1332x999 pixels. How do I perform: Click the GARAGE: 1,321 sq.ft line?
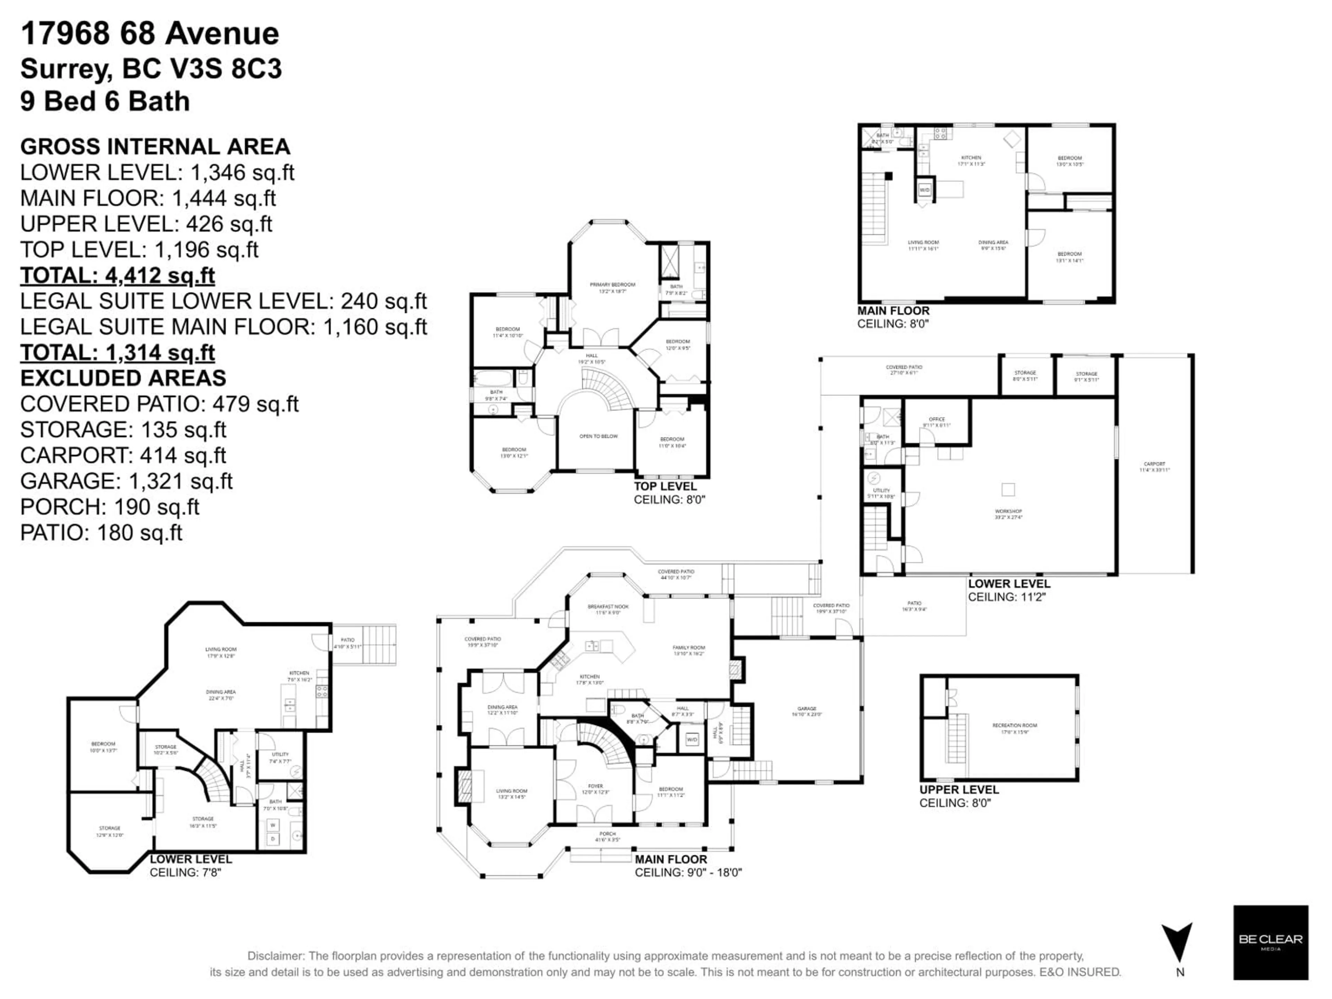127,481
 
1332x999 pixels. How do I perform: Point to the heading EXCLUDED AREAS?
123,378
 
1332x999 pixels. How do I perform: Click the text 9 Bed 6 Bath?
105,101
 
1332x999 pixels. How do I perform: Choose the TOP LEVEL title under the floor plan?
665,487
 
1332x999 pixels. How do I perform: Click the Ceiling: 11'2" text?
1007,597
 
